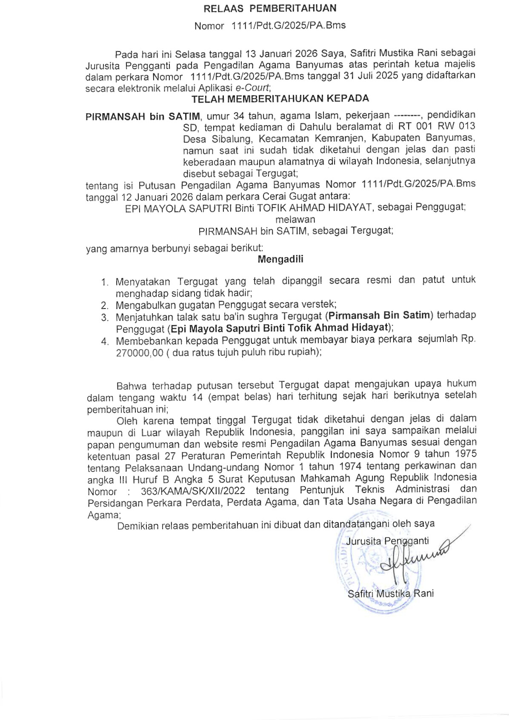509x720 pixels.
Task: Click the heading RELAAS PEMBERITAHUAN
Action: [270, 9]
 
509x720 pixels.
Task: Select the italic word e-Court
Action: [252, 88]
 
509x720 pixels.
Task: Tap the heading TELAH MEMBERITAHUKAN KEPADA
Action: [280, 99]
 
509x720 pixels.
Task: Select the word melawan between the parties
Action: [295, 220]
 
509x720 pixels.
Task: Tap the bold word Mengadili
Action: [280, 260]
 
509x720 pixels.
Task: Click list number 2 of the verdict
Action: [105, 306]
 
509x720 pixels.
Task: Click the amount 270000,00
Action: [140, 353]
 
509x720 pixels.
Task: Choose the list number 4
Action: [105, 342]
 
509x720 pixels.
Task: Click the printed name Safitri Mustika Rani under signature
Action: [390, 594]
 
